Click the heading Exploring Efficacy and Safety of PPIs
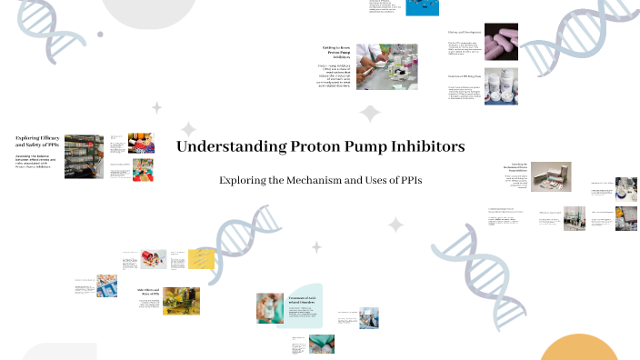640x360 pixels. [x=37, y=141]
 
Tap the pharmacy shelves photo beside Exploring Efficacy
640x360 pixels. [x=84, y=156]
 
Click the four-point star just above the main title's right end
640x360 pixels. [x=370, y=114]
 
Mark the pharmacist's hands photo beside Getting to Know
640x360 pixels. [x=386, y=66]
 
